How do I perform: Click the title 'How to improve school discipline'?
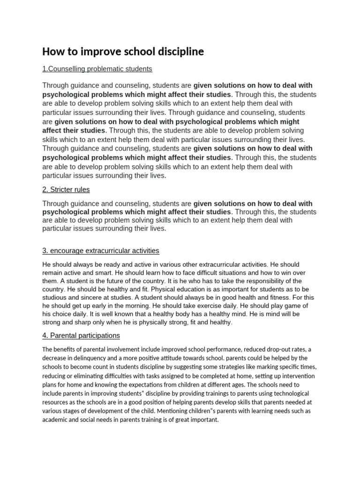click(123, 52)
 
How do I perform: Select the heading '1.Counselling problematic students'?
click(97, 69)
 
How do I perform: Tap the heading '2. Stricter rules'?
click(66, 190)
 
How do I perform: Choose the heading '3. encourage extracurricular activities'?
click(101, 251)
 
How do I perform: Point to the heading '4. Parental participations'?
click(81, 336)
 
